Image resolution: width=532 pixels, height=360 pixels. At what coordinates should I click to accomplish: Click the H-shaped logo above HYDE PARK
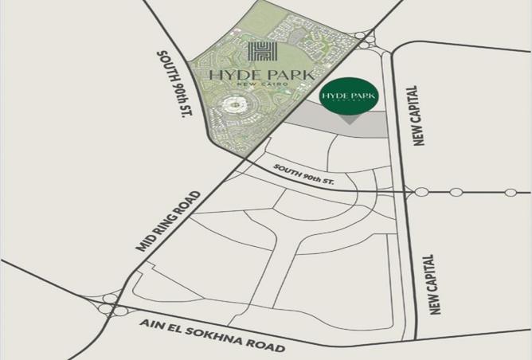pos(261,52)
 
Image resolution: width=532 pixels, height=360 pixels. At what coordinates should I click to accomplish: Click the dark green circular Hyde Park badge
pos(349,96)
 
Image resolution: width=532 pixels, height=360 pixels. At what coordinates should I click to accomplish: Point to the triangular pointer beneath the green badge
pos(349,119)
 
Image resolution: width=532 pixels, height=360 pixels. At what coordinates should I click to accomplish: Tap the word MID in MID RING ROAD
pos(147,247)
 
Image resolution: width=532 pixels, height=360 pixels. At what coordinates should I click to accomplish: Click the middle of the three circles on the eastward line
pos(456,192)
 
